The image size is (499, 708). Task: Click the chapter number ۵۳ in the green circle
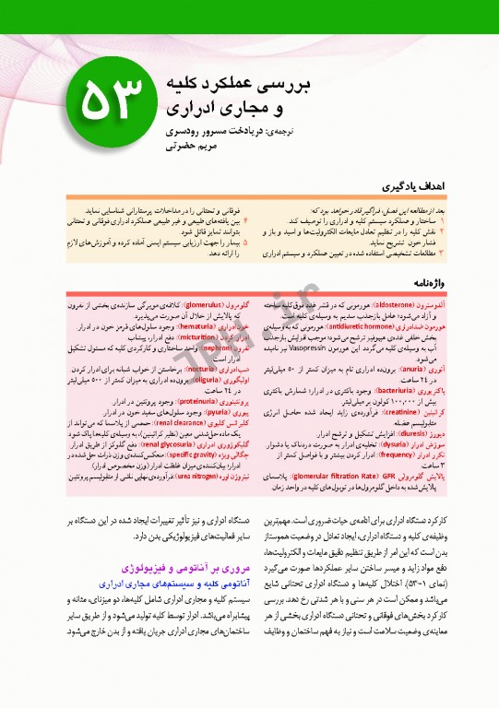click(x=110, y=100)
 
